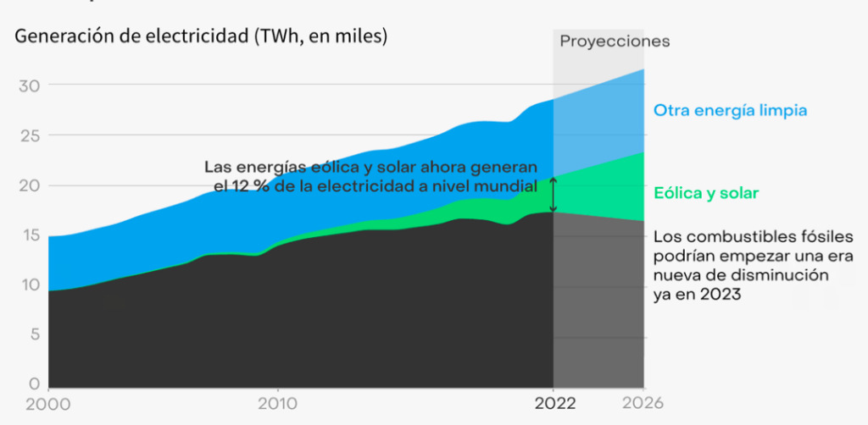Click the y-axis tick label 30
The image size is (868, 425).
point(29,86)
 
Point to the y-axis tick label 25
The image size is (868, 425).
point(29,135)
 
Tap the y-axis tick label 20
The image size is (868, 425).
point(29,185)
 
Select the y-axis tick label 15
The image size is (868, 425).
point(28,235)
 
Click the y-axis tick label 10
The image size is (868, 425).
point(28,285)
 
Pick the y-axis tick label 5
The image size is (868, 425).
point(34,334)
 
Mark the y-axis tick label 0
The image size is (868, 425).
point(34,384)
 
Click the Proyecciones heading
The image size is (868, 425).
point(615,41)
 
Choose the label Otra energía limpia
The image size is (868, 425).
point(730,111)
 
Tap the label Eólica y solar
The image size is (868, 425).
point(706,194)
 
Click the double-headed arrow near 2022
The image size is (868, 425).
point(554,195)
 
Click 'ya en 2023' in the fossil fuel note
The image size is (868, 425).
point(697,294)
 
